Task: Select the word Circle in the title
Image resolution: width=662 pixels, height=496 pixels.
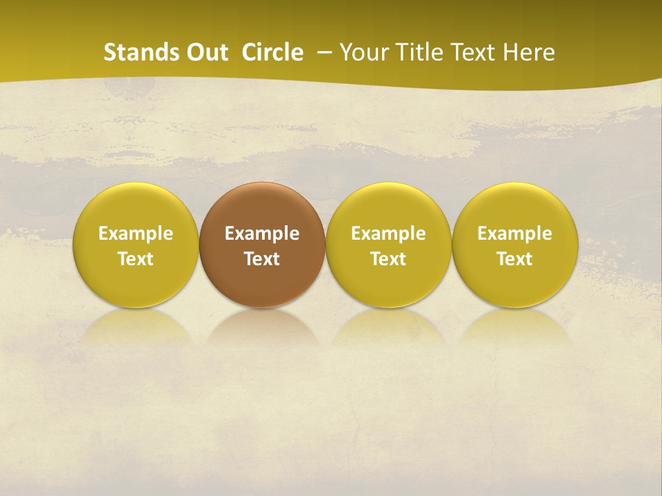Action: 272,52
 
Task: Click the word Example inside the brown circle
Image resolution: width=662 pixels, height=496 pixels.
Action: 262,234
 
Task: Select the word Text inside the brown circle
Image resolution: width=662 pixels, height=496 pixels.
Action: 262,259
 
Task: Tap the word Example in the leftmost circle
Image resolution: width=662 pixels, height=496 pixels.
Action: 136,234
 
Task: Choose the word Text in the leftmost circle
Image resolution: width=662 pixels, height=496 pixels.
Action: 136,259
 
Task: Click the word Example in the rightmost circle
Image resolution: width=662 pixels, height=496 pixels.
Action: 514,234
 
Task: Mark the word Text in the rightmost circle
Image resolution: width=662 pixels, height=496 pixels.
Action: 514,259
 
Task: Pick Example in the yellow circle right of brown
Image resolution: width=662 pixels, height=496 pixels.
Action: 388,234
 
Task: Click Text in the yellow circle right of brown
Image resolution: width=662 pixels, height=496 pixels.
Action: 388,259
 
